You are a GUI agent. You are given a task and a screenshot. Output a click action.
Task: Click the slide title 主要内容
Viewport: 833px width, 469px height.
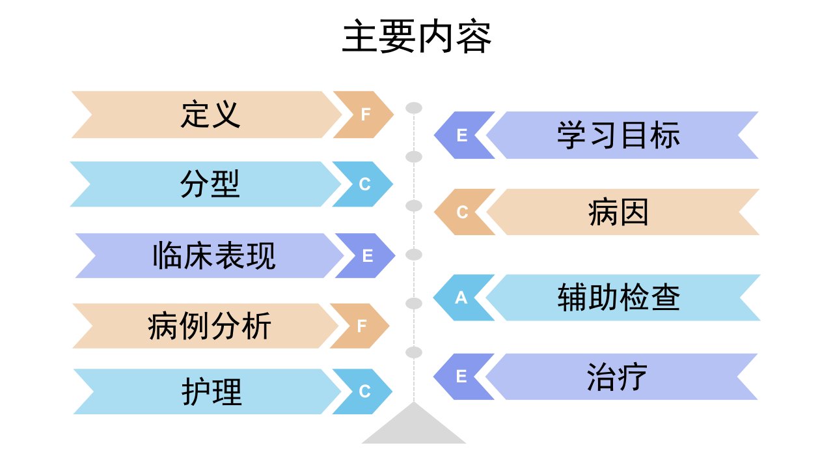pos(417,36)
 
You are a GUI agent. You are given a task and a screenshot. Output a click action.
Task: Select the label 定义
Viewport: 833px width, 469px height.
pos(210,115)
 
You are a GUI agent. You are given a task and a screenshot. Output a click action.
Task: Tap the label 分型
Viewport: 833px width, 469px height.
pos(210,184)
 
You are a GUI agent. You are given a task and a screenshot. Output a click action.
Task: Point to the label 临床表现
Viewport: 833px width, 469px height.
pos(214,256)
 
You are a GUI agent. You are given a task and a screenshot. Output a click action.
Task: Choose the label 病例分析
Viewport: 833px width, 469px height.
pos(210,326)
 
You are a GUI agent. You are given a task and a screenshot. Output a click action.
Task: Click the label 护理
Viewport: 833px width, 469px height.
pos(212,391)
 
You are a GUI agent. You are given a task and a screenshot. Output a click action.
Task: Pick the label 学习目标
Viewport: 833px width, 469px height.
pos(618,135)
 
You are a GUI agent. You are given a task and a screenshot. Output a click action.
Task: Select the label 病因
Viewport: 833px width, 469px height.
pos(618,212)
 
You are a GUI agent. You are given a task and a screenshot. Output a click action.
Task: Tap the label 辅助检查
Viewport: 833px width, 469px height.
pos(619,298)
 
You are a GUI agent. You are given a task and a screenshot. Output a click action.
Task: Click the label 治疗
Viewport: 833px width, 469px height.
pos(618,377)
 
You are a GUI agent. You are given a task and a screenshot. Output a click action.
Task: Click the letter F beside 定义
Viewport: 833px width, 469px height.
pos(366,115)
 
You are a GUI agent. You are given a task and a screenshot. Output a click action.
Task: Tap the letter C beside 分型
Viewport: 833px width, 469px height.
pos(365,184)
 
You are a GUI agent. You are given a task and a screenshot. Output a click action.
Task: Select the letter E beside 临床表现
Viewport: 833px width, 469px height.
pos(368,256)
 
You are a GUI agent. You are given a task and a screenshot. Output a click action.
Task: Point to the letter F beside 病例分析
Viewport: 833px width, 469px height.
pos(362,326)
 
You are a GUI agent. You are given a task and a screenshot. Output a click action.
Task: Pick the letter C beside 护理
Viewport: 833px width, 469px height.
pos(365,391)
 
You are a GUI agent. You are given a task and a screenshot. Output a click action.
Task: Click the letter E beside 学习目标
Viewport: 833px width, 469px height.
pos(462,135)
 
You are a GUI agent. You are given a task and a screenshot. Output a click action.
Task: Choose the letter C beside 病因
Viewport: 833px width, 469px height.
pos(462,212)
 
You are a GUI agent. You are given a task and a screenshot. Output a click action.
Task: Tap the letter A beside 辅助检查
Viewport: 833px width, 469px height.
pos(461,298)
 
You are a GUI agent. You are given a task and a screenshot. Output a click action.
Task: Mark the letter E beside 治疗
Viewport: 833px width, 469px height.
pos(461,377)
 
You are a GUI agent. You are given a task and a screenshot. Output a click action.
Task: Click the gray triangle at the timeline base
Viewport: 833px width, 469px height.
pos(413,428)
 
